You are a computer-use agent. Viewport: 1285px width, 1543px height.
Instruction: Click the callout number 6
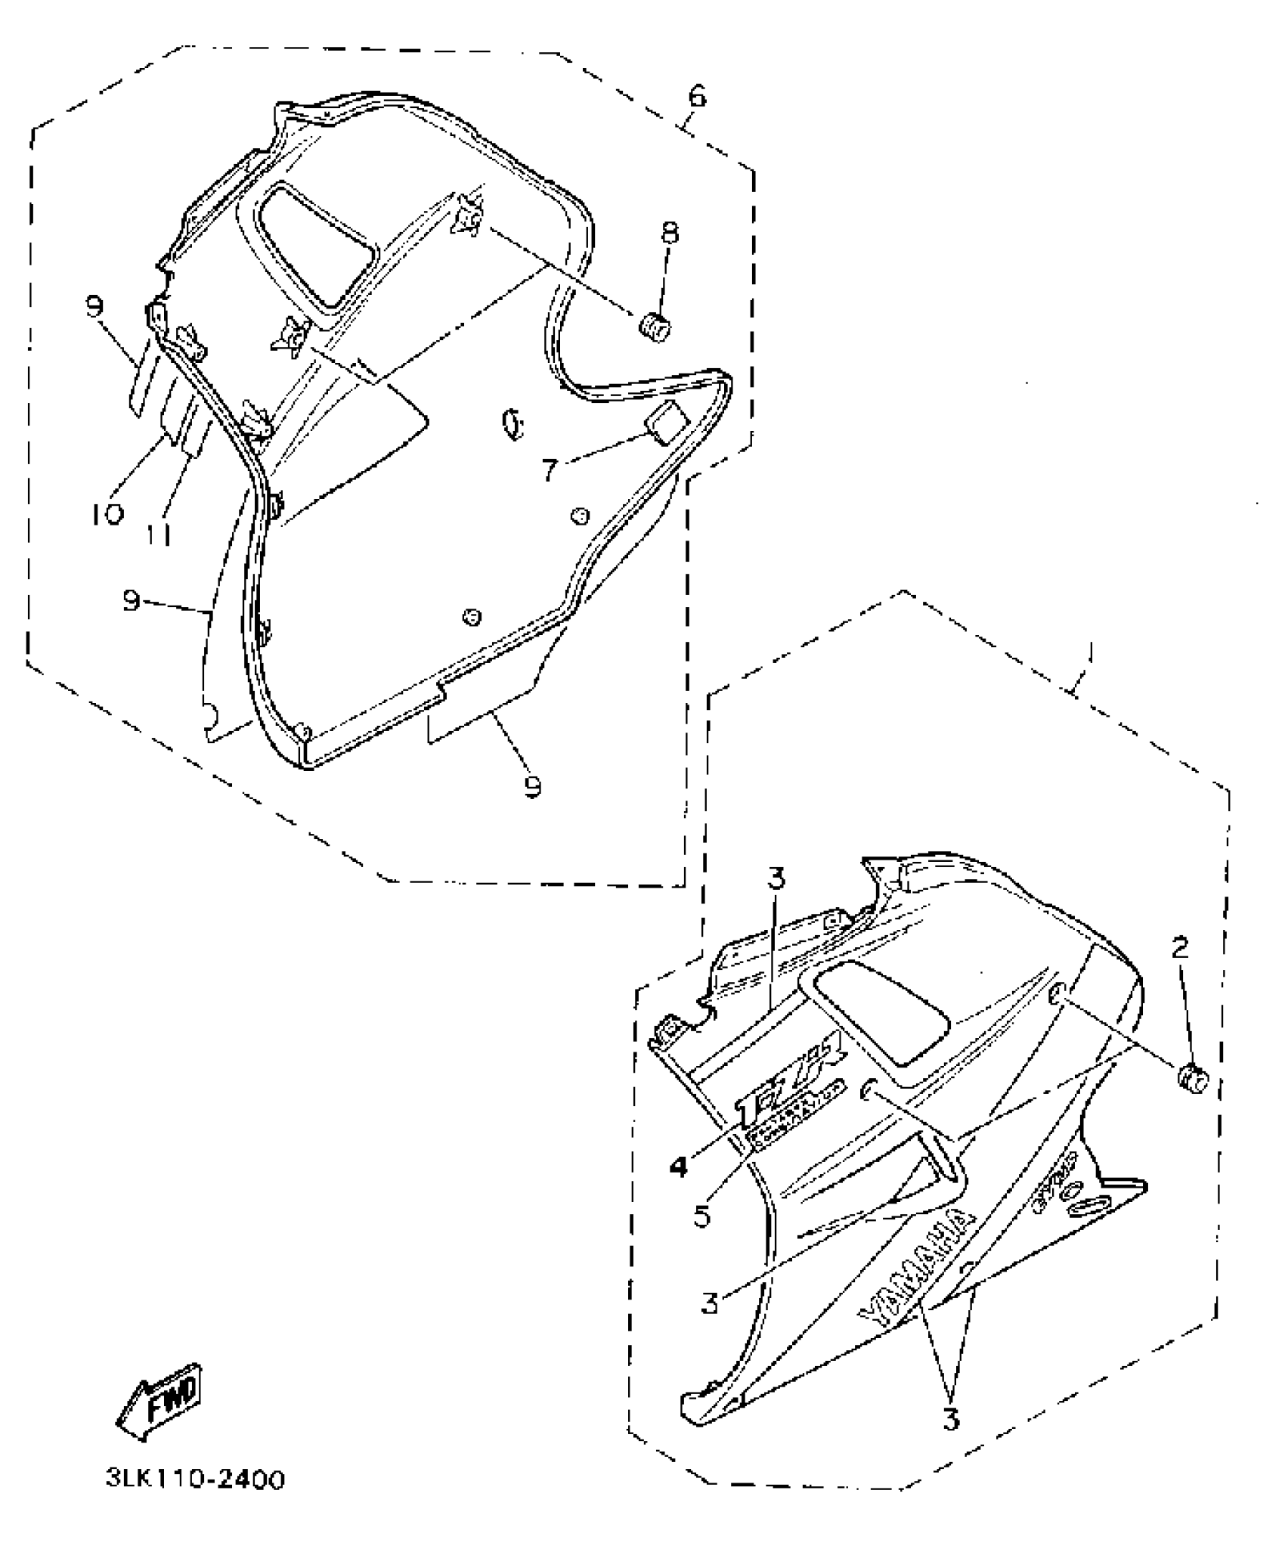697,96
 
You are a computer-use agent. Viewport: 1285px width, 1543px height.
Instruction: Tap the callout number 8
670,233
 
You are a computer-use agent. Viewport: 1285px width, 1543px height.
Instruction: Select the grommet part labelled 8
655,329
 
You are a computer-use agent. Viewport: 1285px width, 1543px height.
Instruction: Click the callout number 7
551,470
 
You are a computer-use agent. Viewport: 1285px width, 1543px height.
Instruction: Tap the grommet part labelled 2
1193,1078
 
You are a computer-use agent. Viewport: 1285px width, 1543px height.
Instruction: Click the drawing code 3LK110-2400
196,1501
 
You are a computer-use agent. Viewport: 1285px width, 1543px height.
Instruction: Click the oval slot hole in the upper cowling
512,423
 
